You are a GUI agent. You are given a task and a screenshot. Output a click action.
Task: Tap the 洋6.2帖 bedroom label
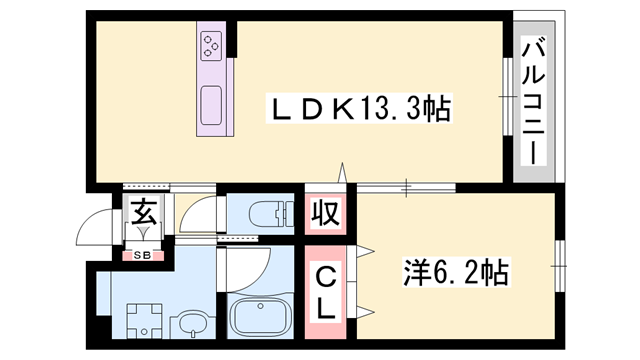(x=456, y=271)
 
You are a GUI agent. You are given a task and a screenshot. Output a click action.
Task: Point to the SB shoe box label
(x=142, y=256)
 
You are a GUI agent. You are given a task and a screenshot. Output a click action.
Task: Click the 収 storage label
(x=326, y=213)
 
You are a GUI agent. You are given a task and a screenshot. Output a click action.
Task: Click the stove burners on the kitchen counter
(x=213, y=44)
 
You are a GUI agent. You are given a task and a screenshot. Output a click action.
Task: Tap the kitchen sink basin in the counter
(x=212, y=106)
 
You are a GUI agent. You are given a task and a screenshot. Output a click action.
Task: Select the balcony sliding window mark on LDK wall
(x=506, y=96)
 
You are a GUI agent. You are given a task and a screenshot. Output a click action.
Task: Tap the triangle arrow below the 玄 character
(x=144, y=231)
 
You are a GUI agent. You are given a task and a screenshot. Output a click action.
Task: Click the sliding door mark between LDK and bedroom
(x=407, y=186)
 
